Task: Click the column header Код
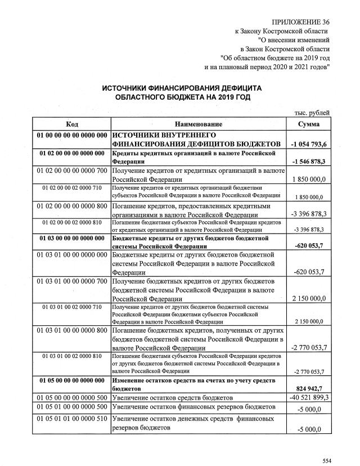pos(71,124)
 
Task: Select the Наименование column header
pos(199,124)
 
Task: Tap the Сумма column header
pos(309,124)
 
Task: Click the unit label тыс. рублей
pos(312,113)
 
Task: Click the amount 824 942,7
pos(311,388)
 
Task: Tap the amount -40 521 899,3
pos(309,397)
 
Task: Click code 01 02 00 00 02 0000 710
pos(71,187)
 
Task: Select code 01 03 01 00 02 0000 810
pos(71,356)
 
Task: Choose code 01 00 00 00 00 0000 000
pos(71,136)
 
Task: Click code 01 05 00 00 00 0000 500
pos(71,397)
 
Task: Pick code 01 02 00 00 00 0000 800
pos(71,206)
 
